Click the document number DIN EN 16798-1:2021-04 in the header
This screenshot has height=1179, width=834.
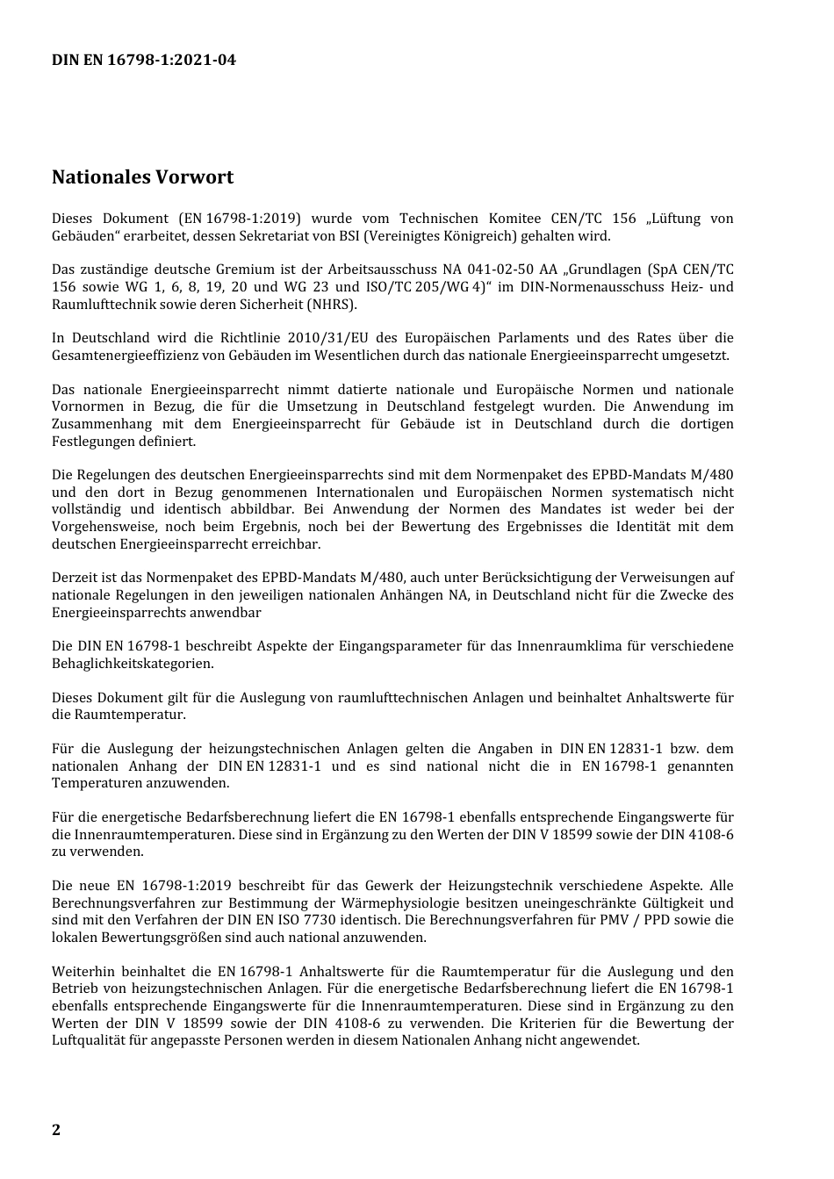coord(143,60)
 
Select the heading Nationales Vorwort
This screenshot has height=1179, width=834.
coord(142,177)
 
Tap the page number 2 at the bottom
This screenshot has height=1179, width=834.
coord(56,1129)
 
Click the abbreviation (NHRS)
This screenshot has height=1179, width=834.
coord(332,305)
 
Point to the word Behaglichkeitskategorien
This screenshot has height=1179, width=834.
coord(133,664)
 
